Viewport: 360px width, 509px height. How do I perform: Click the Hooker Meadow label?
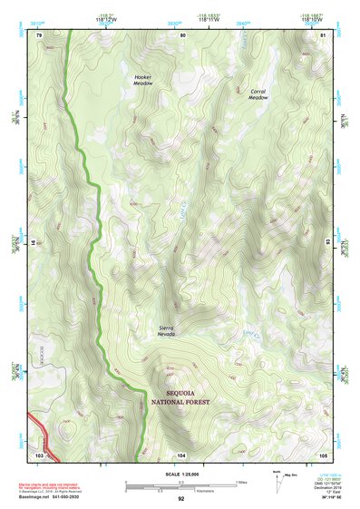point(143,81)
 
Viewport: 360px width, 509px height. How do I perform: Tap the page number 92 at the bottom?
point(181,500)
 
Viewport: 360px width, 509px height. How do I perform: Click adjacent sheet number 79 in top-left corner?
point(39,35)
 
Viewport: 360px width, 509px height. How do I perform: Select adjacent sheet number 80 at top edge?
point(182,35)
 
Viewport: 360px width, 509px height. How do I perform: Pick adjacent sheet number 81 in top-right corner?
point(323,35)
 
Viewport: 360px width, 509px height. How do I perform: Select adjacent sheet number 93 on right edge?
point(327,243)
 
